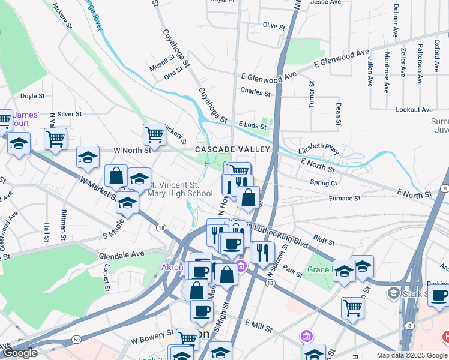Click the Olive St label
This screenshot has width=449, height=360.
click(274, 26)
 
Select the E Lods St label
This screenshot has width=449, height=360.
click(252, 124)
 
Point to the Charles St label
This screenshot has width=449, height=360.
click(255, 92)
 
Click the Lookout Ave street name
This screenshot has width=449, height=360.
click(414, 110)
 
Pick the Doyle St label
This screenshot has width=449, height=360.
click(32, 95)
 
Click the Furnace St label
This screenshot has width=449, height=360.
click(344, 198)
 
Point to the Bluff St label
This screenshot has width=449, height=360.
click(323, 241)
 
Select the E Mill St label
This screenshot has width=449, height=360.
click(259, 323)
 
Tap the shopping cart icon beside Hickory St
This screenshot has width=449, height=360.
click(154, 134)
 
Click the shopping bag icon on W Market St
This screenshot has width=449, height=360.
click(116, 176)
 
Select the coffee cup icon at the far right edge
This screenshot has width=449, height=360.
click(439, 295)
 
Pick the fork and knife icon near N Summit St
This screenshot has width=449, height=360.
click(261, 253)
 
